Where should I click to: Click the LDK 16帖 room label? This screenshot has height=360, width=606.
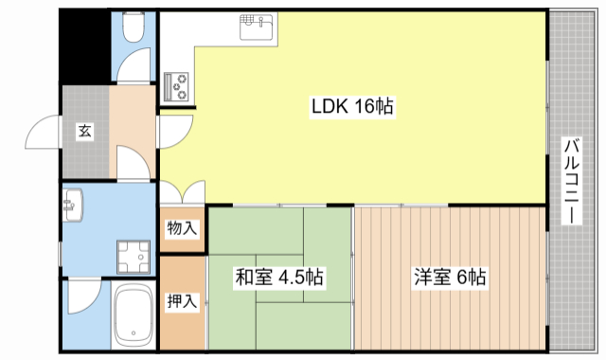point(352,107)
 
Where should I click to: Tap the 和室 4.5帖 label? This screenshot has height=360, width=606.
point(279,278)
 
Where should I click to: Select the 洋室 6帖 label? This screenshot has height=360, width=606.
point(449,278)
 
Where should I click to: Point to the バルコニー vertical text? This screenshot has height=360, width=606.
point(572,180)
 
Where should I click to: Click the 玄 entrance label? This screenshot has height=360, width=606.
point(84,133)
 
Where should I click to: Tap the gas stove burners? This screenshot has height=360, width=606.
point(177,86)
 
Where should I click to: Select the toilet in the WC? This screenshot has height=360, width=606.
point(133,27)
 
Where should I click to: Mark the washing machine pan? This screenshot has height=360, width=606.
point(134,255)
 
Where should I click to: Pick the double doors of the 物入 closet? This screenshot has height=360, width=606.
point(181,193)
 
